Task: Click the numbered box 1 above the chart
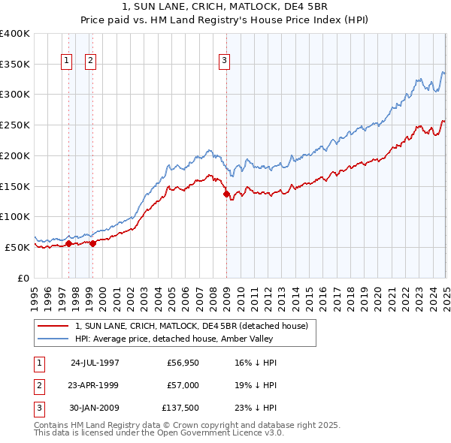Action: point(66,61)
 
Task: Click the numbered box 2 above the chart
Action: point(90,61)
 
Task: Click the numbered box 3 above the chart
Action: point(224,61)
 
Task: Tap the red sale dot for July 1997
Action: point(68,243)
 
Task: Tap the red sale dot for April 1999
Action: point(92,243)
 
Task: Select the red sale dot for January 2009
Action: point(226,194)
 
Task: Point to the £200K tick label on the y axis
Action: point(14,155)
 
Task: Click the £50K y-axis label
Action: point(17,247)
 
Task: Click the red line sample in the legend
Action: point(53,326)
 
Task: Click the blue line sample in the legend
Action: point(53,339)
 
